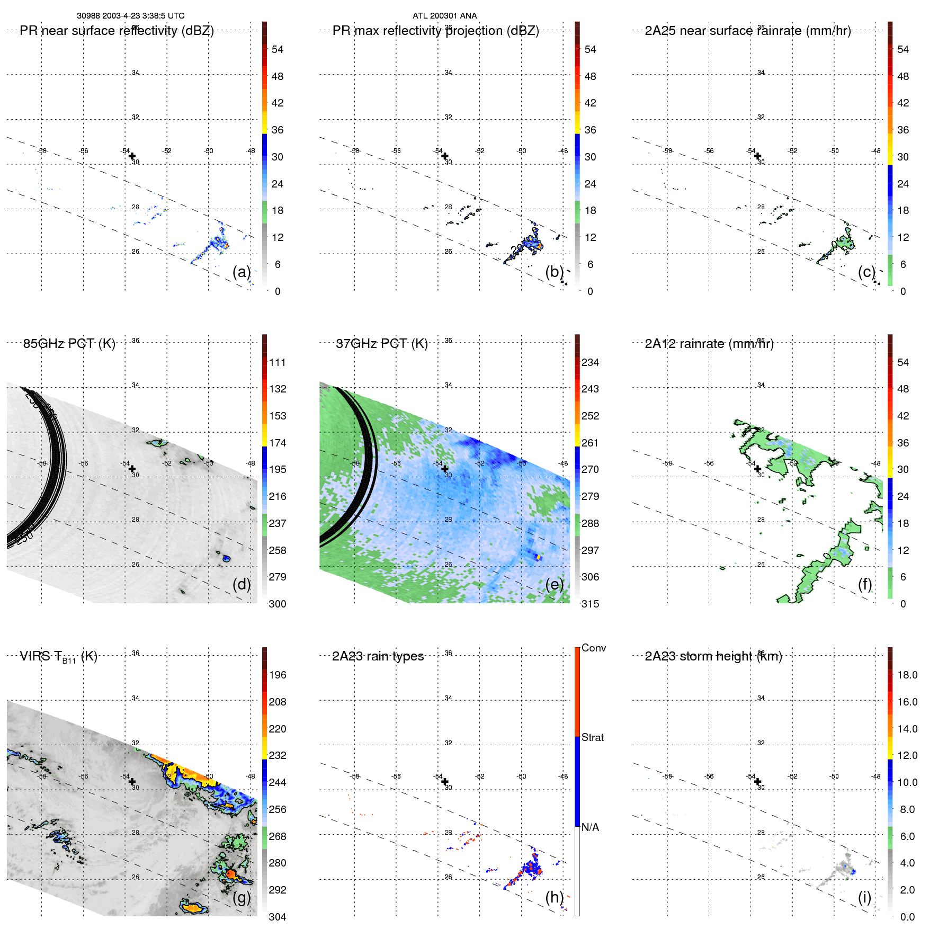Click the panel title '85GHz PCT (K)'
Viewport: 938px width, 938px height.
click(69, 344)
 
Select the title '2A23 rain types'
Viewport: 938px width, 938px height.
click(378, 656)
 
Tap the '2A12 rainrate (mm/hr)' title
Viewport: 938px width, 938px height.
click(709, 344)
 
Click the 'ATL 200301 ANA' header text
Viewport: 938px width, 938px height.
click(444, 16)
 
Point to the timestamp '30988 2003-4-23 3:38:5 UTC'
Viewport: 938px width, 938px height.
click(130, 16)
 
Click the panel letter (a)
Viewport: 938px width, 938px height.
click(242, 272)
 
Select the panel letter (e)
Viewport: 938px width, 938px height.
click(554, 584)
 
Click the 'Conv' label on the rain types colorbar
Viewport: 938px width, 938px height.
click(593, 648)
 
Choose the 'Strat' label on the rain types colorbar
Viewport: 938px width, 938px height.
click(592, 737)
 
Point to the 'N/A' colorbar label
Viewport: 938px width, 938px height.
click(590, 827)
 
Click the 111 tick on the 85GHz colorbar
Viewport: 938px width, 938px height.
click(277, 362)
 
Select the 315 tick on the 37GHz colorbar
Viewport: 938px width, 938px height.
click(590, 604)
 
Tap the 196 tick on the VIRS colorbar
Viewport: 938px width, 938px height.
click(277, 675)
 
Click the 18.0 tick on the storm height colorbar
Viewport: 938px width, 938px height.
click(907, 675)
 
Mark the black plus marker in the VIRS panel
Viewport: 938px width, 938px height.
click(132, 781)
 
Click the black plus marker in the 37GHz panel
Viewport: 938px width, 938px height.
click(445, 469)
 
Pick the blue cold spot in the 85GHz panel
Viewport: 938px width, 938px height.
click(226, 558)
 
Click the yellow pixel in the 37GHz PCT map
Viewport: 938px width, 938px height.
click(539, 557)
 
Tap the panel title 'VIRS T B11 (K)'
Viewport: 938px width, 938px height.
click(58, 657)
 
